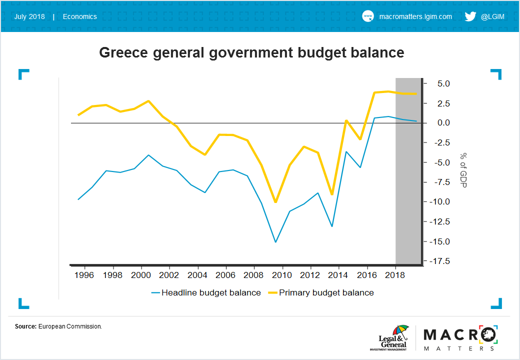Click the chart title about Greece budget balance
coord(251,52)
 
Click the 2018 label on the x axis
coord(395,275)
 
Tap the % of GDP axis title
coord(463,170)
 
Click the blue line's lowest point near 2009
coord(275,242)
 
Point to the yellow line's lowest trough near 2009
coord(275,202)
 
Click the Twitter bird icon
coord(470,16)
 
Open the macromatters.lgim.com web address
coord(415,16)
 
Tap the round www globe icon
coord(368,16)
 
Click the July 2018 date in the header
coord(29,16)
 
